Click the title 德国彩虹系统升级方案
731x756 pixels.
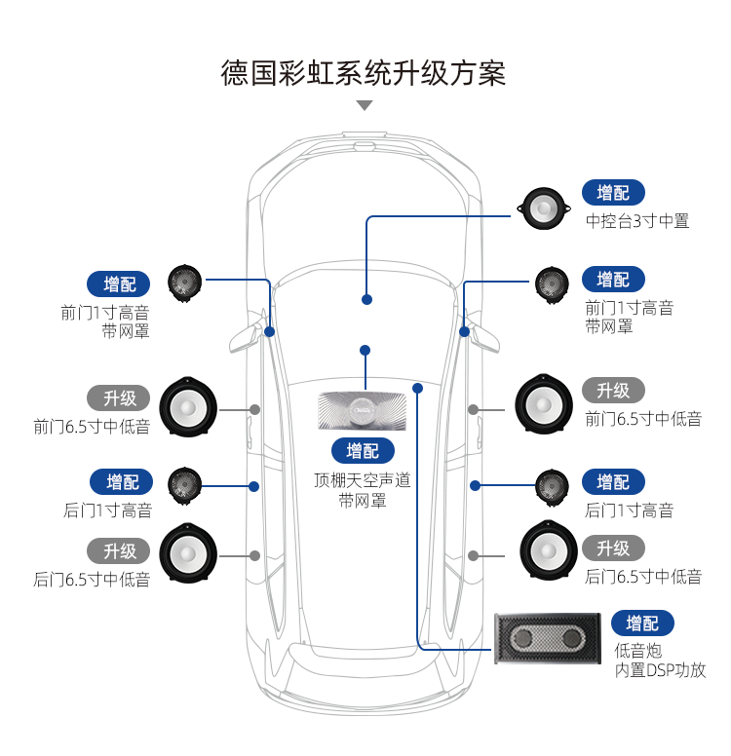(364, 74)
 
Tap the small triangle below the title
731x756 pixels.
(365, 105)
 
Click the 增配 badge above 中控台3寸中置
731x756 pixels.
(613, 193)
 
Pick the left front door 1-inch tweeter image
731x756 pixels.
(184, 283)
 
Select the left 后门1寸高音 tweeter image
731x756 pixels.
(185, 485)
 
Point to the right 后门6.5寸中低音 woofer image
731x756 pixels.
(548, 553)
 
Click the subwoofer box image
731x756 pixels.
(547, 639)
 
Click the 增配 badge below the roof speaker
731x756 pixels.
(363, 450)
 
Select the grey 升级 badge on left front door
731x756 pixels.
(120, 397)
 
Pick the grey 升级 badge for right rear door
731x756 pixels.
(613, 548)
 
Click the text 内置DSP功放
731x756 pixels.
(660, 670)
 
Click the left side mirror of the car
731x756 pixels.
(242, 336)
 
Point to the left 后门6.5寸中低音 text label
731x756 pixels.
(93, 579)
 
